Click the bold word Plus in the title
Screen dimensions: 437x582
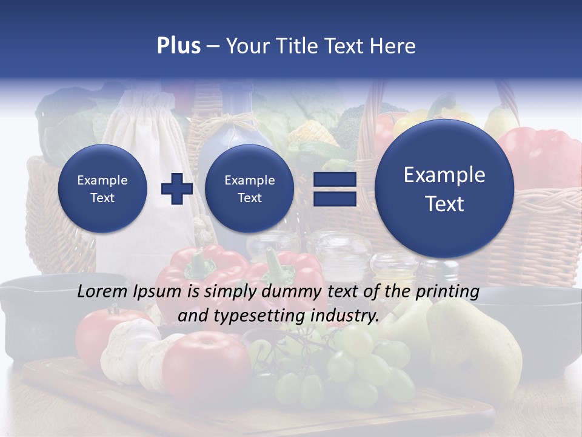[x=178, y=46]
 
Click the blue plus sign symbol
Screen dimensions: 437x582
[x=176, y=188]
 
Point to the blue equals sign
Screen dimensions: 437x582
[x=334, y=189]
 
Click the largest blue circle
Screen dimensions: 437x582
[x=444, y=189]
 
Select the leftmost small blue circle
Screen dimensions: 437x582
[x=102, y=188]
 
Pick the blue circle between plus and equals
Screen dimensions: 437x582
[x=250, y=188]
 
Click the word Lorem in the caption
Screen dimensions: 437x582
[x=103, y=291]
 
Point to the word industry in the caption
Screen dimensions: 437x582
[x=346, y=316]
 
